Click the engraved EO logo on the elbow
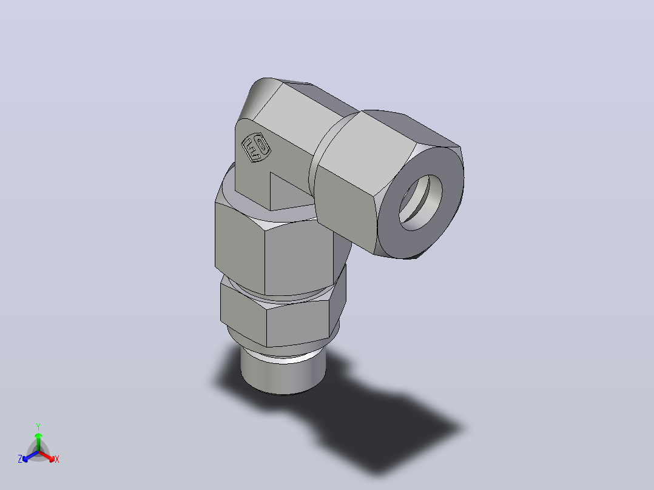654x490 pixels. point(256,147)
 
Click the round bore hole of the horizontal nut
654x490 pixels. point(420,203)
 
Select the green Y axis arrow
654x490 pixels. point(38,441)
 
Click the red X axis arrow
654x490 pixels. point(47,456)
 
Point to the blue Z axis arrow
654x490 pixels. point(31,457)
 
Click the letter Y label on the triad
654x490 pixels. point(38,426)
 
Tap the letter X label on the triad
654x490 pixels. point(57,459)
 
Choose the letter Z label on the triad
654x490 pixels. point(20,459)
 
